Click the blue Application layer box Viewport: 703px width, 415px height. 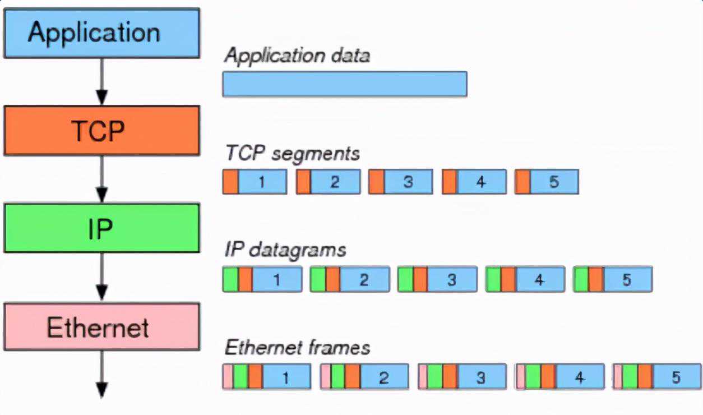(101, 33)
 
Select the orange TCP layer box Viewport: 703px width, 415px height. (101, 131)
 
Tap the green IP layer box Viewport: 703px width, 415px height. (101, 228)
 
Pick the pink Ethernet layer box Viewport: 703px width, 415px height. (101, 327)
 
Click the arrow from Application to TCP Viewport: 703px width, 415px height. (101, 82)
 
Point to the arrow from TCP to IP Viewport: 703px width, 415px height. (101, 179)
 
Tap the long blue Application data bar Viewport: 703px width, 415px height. (345, 84)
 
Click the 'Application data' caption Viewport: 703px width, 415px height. (297, 56)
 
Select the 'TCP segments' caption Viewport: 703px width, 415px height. (292, 153)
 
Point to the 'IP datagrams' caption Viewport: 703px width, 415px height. (285, 250)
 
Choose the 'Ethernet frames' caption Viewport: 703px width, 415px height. (297, 348)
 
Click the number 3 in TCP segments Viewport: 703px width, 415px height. (408, 182)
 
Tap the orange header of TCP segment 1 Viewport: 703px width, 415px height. (230, 182)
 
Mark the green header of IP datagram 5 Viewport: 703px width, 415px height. (581, 279)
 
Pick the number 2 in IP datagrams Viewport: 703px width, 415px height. (364, 279)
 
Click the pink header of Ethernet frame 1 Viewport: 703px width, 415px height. (228, 377)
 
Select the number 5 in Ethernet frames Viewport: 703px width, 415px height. (676, 377)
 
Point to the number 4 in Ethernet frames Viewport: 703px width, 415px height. (579, 377)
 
